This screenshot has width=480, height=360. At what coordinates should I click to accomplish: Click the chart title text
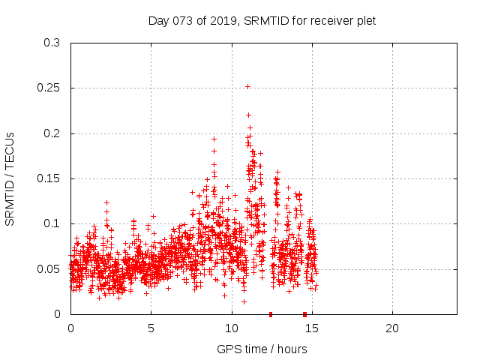pos(262,21)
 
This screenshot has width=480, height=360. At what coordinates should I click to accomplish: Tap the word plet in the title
pos(364,21)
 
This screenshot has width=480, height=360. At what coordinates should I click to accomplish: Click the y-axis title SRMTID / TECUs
pos(10,178)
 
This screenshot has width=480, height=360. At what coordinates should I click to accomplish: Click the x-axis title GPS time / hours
pos(262,349)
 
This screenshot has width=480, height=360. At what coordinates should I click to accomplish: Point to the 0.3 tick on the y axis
pos(52,43)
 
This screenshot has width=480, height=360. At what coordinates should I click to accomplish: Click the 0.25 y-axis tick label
pos(49,88)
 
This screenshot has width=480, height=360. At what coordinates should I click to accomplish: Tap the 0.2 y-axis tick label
pos(52,133)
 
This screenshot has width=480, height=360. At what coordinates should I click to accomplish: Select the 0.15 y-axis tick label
pos(49,178)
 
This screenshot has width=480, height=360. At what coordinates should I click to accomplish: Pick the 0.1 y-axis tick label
pos(52,223)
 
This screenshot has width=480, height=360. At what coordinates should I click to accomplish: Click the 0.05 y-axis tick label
pos(49,268)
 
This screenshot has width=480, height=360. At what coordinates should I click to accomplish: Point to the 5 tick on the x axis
pos(151,328)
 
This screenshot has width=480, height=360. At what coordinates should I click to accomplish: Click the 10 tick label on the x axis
pos(231,328)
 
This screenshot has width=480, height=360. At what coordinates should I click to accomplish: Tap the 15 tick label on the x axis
pos(311,328)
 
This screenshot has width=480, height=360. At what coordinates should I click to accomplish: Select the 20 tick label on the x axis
pos(391,328)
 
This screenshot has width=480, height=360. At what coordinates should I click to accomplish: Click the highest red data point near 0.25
pos(247,86)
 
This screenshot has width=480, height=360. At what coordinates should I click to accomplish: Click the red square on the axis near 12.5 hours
pos(271,313)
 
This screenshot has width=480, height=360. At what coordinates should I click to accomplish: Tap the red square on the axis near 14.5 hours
pos(304,313)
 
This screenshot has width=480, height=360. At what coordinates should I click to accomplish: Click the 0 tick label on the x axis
pos(70,328)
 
